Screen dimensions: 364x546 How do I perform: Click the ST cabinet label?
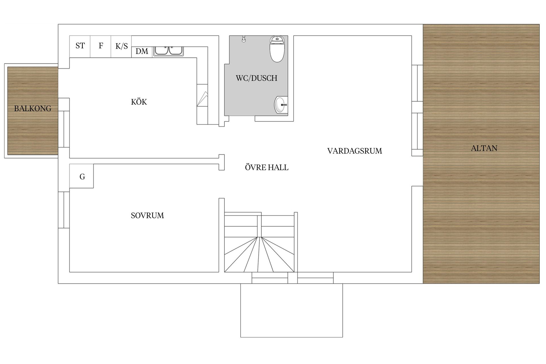pos(80,46)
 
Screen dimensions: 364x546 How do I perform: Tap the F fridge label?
pos(101,46)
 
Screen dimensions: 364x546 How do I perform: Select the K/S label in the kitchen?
pos(121,46)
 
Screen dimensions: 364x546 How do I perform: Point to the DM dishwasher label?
pos(142,51)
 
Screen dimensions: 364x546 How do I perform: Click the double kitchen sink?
pos(169,51)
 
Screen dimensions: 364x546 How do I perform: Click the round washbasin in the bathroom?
pos(280,105)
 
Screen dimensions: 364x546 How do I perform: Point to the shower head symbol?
pos(244,39)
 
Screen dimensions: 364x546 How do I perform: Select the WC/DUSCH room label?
pos(257,78)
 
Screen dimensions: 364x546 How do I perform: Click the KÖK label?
pos(139,102)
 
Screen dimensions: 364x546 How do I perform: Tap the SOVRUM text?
pos(147,216)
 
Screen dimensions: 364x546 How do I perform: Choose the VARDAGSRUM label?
pos(354,151)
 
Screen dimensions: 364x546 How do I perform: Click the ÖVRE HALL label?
pos(266,167)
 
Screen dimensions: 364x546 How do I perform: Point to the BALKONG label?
pos(33,109)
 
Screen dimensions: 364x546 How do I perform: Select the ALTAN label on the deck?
pos(484,148)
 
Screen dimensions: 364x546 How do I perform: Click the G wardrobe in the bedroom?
pos(82,177)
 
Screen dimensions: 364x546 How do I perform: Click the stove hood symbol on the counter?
pos(202,99)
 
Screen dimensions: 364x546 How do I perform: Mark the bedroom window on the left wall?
pos(64,210)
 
